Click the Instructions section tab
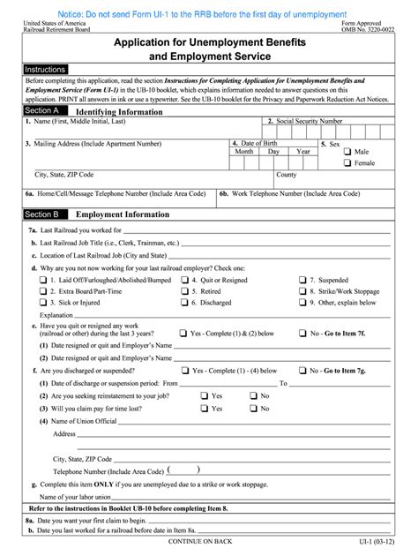point(44,69)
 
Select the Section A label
point(42,111)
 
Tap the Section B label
point(42,214)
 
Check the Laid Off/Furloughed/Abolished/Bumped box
point(42,280)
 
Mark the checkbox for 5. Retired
point(184,290)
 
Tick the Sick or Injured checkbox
point(42,302)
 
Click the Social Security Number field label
point(304,121)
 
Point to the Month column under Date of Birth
point(244,151)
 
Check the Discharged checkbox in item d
point(184,302)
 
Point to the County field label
point(287,175)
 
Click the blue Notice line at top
point(208,14)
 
